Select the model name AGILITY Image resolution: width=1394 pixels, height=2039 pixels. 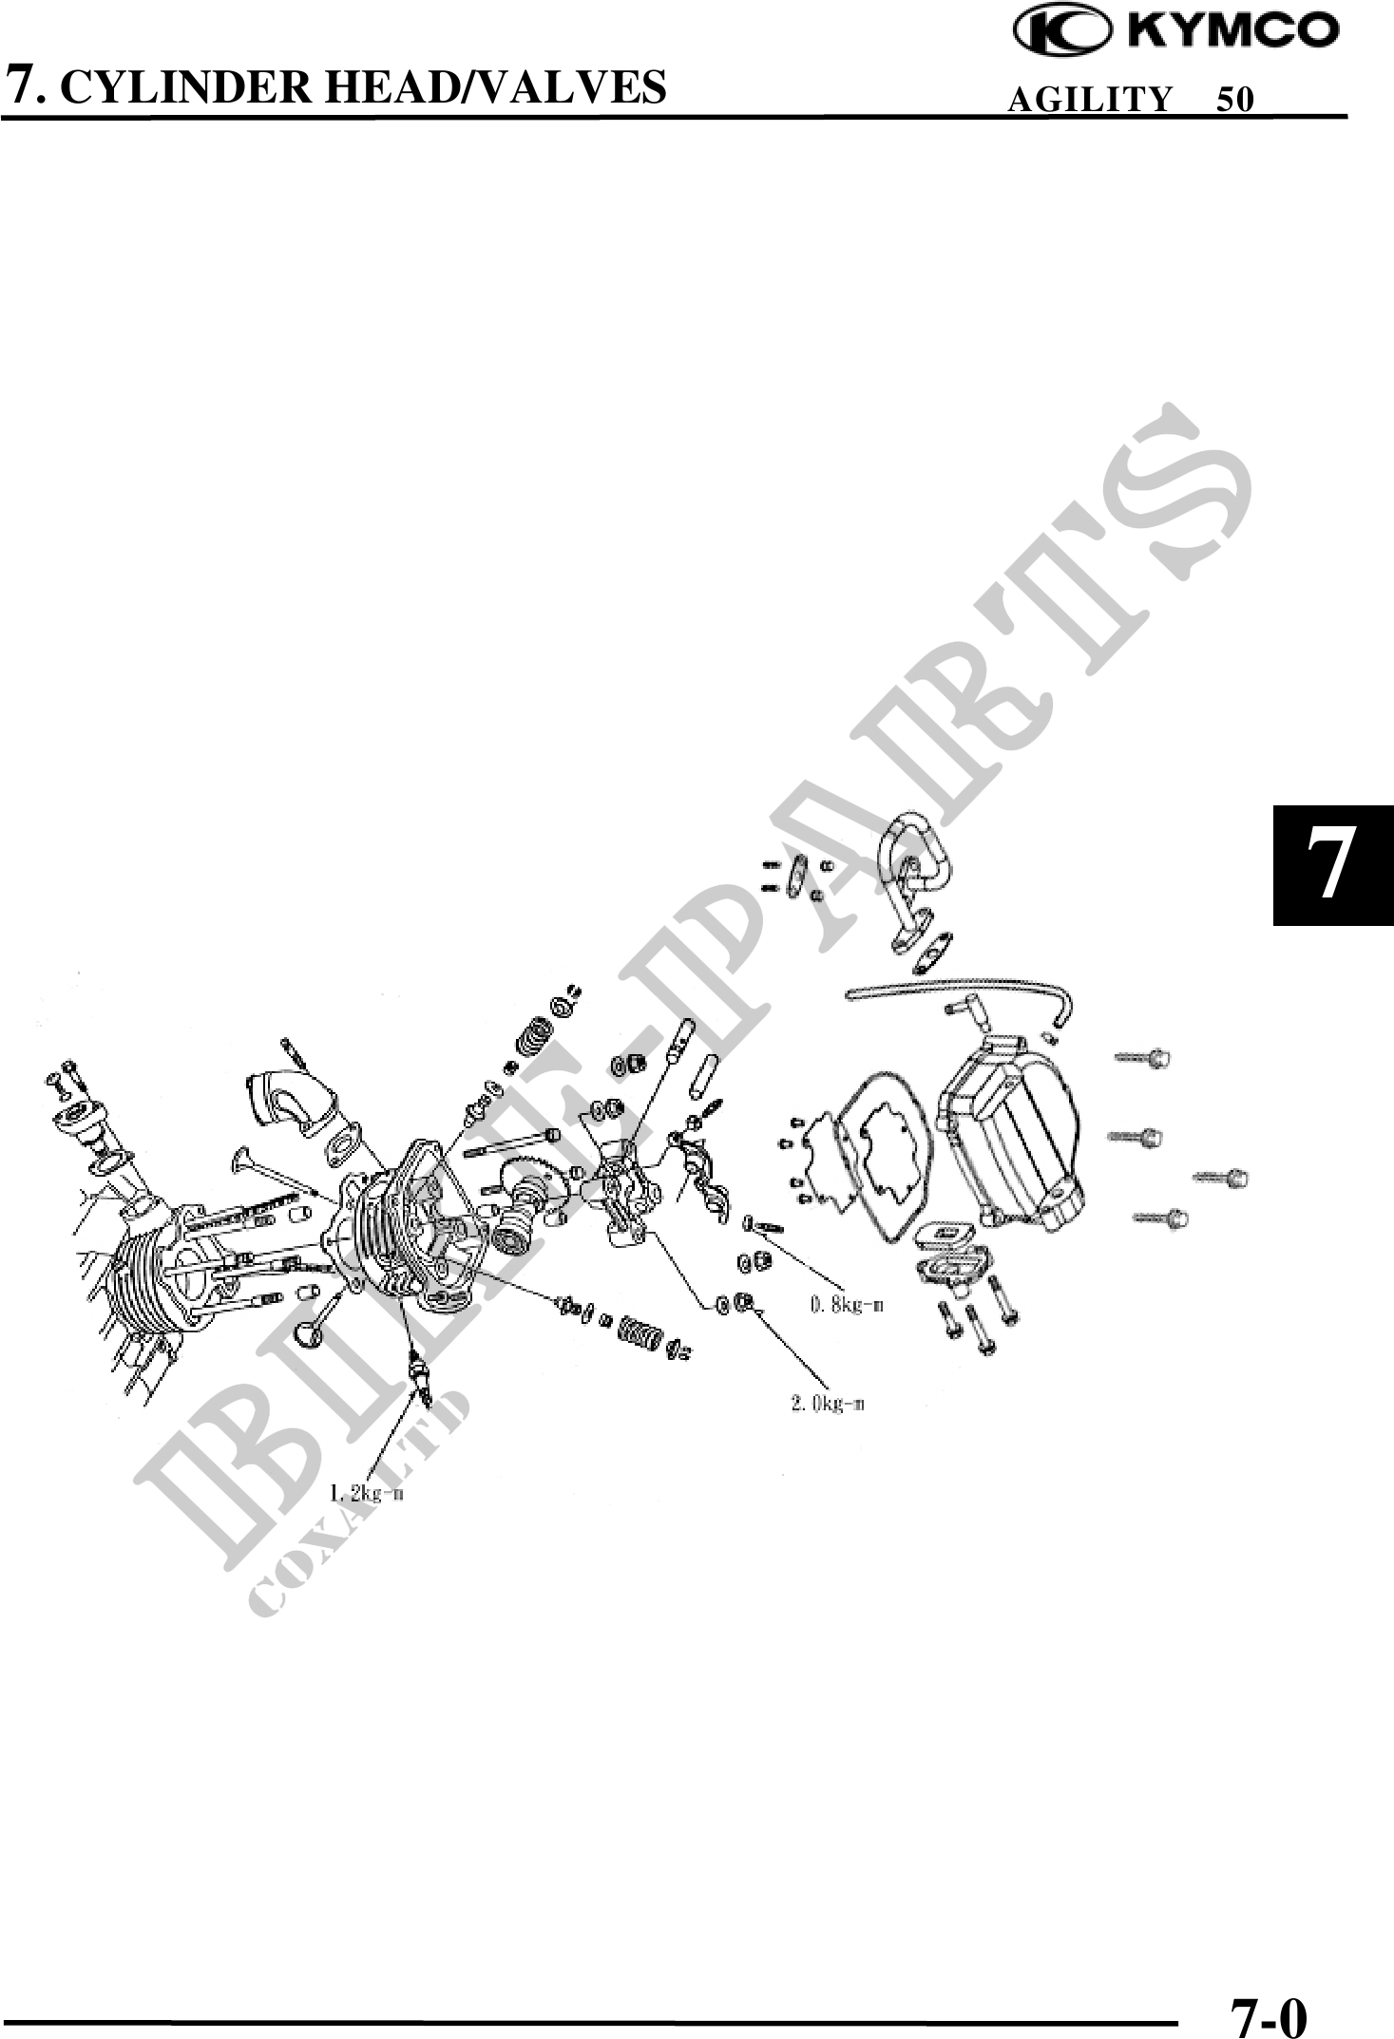click(1089, 100)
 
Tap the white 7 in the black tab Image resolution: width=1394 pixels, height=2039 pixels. click(1334, 865)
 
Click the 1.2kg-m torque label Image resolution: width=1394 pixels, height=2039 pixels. click(367, 1493)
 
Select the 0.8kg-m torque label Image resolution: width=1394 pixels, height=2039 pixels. click(847, 1305)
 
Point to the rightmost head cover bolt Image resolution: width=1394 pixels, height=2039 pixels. click(1220, 1179)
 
